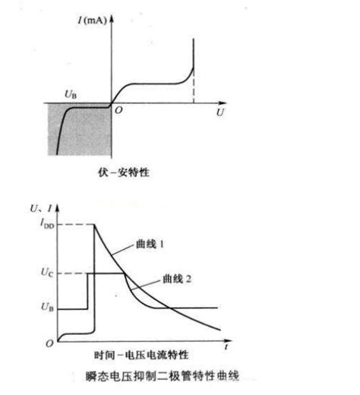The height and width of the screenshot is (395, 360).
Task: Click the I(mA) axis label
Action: point(92,21)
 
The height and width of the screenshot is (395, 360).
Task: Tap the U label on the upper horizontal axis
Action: point(220,112)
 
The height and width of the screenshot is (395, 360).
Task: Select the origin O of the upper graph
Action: point(118,110)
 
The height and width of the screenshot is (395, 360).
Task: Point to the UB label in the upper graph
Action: point(71,94)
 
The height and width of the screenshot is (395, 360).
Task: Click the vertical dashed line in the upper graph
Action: point(194,86)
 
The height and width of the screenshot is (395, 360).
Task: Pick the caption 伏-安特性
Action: point(124,172)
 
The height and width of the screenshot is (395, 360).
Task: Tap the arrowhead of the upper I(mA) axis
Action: point(112,19)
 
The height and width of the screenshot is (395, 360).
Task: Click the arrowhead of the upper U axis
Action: point(223,103)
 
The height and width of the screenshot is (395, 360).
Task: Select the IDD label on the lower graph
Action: point(47,223)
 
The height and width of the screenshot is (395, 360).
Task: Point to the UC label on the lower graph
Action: point(47,272)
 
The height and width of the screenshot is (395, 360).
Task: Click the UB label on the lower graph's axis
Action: point(47,307)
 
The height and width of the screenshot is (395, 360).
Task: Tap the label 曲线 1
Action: point(150,244)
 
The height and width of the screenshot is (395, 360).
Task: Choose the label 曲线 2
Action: point(177,279)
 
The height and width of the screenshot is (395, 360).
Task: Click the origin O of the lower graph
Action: point(49,343)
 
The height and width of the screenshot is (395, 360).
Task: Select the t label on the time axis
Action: point(226,346)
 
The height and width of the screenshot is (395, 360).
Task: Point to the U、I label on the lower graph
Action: point(41,208)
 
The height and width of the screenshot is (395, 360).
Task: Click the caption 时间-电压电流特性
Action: point(141,355)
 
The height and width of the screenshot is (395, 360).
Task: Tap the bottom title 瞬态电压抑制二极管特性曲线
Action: point(162,376)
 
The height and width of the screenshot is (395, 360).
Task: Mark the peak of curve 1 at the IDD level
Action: point(94,225)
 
